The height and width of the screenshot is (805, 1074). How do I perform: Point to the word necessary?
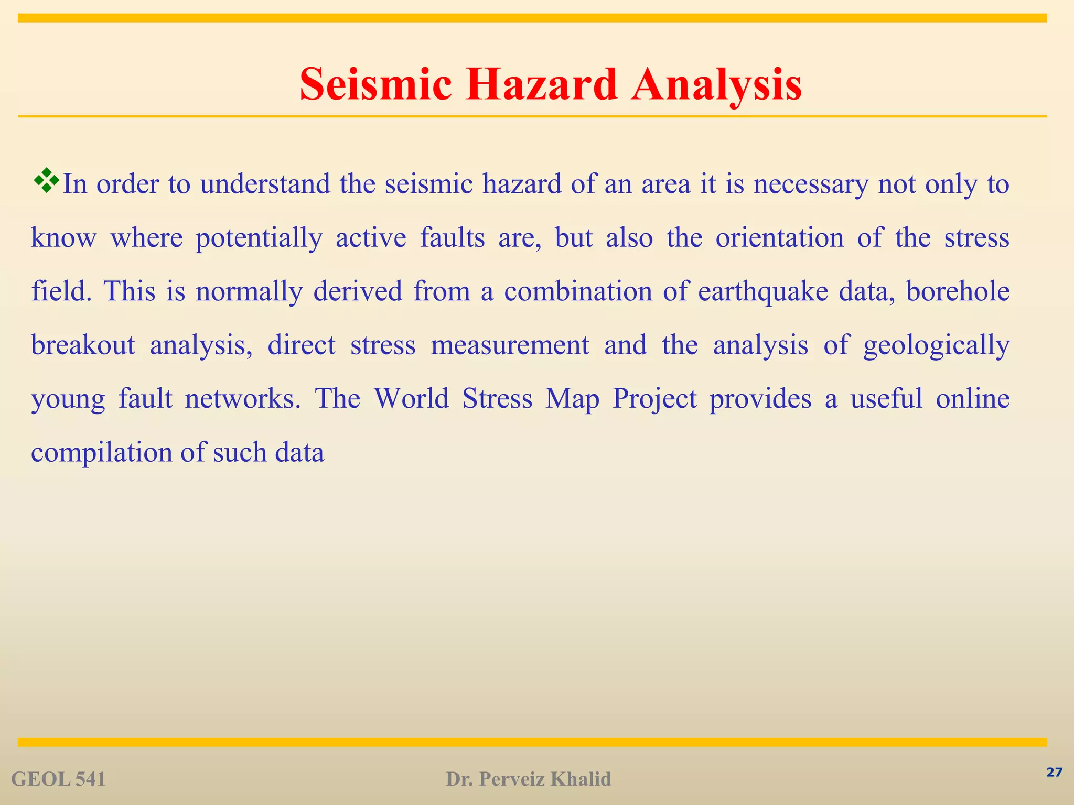(x=811, y=184)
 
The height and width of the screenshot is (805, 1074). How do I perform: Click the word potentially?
(x=259, y=238)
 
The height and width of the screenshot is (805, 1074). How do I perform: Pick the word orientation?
(x=780, y=238)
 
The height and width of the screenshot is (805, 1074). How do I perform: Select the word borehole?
(x=958, y=292)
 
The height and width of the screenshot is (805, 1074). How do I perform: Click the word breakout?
(x=83, y=345)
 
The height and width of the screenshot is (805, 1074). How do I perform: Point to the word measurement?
(x=510, y=345)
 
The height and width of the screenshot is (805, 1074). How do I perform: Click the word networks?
(x=243, y=399)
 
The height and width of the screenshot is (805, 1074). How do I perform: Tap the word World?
(x=412, y=399)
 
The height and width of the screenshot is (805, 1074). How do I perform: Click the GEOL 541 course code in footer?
(x=58, y=779)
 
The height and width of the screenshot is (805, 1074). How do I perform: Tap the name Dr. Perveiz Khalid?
(x=529, y=779)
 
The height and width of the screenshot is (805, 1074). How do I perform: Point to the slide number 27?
(x=1054, y=772)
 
